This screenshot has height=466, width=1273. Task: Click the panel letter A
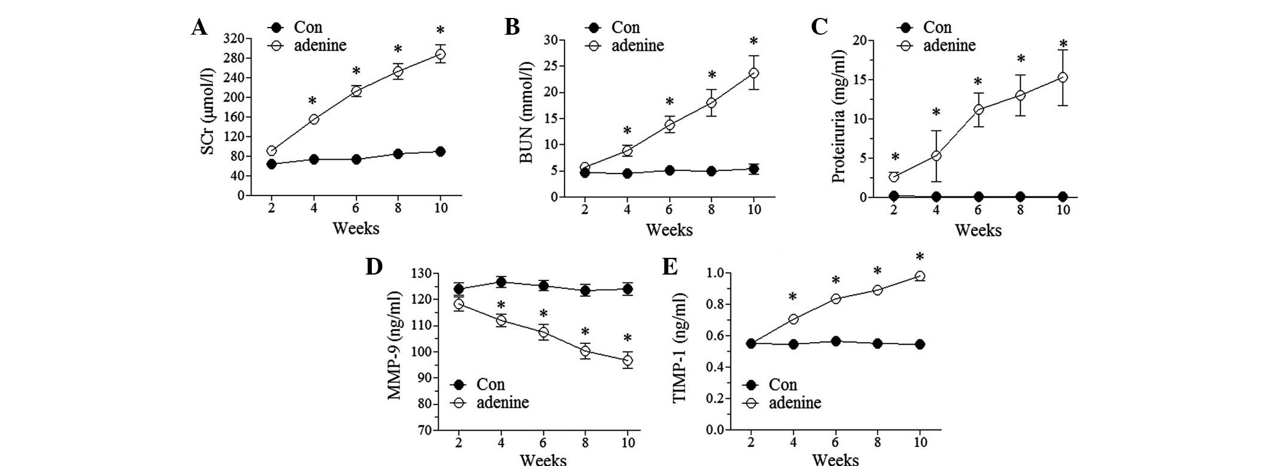point(199,28)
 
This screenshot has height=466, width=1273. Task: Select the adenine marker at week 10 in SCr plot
point(440,54)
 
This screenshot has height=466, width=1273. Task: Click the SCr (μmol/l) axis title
point(208,111)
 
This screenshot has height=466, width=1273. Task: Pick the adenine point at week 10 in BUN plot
point(754,73)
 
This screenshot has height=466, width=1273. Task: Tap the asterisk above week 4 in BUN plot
point(627,131)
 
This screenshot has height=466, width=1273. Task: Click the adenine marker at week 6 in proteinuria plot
point(978,109)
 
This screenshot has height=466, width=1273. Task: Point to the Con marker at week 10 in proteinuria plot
point(1063,196)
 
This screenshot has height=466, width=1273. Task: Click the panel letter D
point(374,267)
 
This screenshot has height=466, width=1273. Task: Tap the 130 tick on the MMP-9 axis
point(423,273)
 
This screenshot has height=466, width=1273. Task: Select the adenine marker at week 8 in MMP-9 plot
point(585,351)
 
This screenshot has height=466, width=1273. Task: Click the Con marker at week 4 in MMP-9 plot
point(501,282)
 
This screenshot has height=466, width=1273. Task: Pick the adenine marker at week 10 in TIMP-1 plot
point(920,276)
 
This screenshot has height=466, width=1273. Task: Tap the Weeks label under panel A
point(356,229)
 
